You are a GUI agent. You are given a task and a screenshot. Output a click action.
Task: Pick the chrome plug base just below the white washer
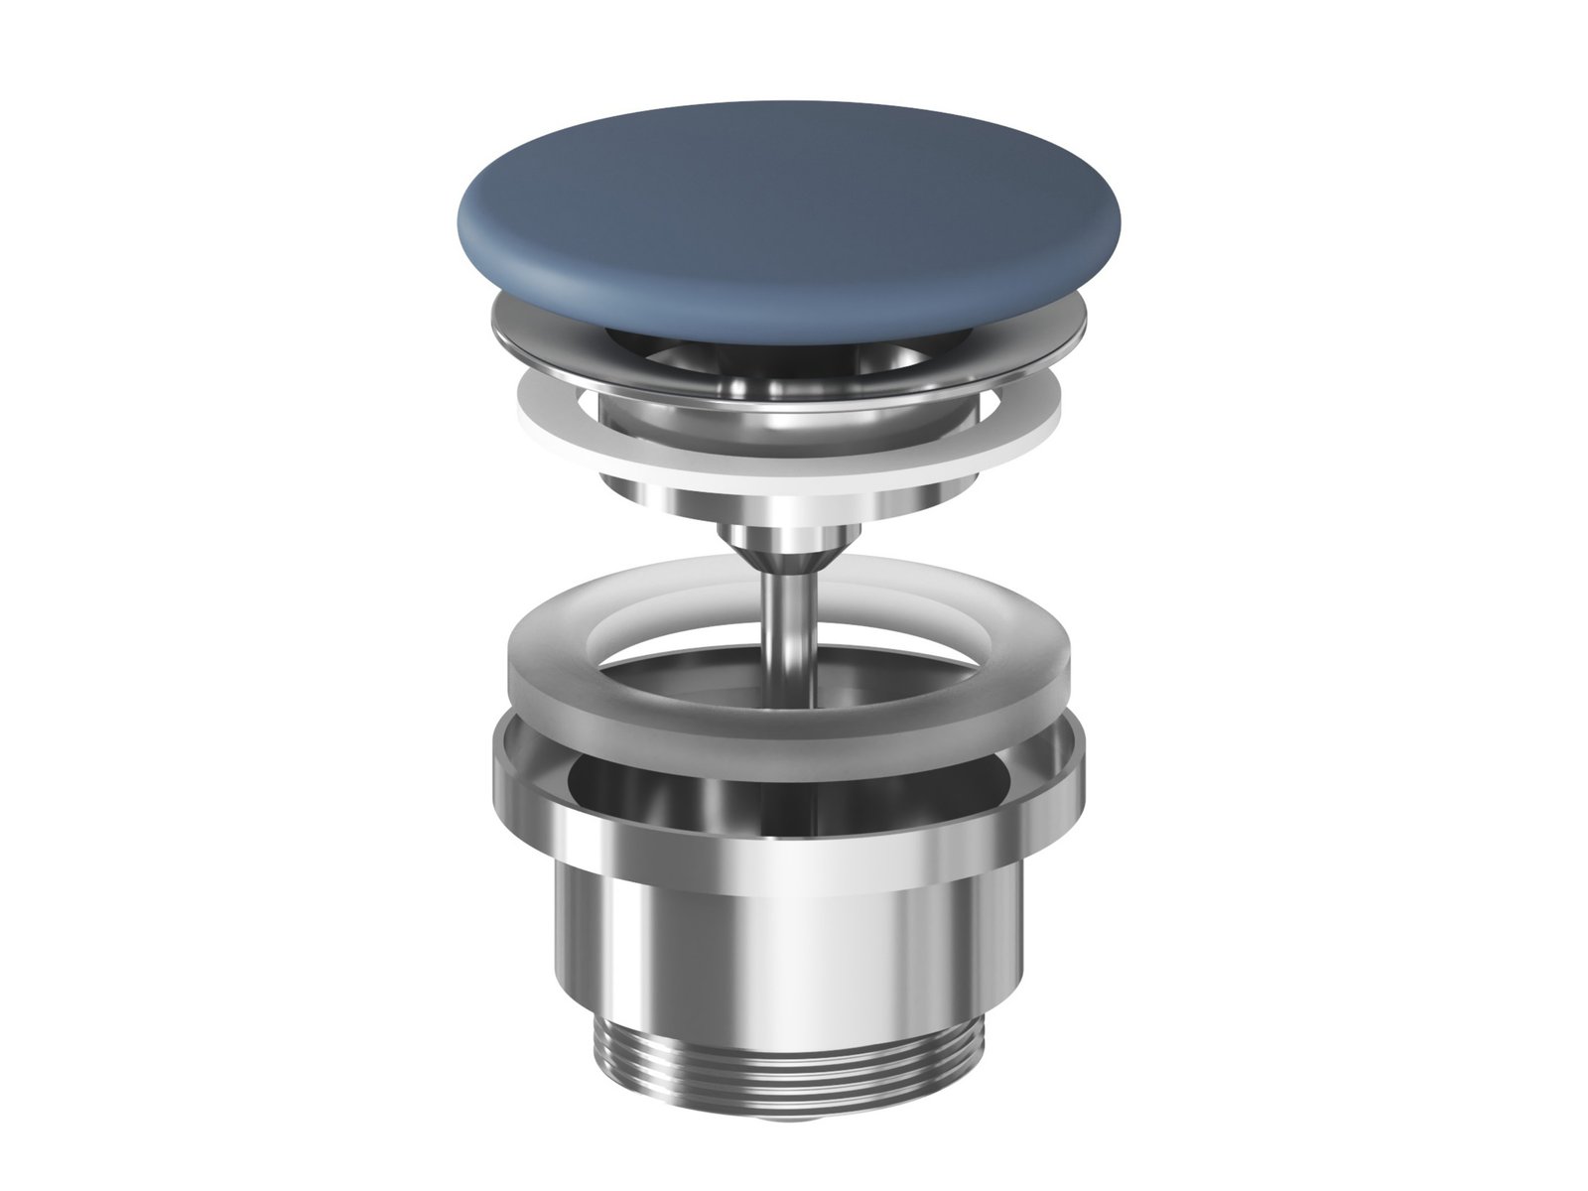pyautogui.click(x=784, y=496)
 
